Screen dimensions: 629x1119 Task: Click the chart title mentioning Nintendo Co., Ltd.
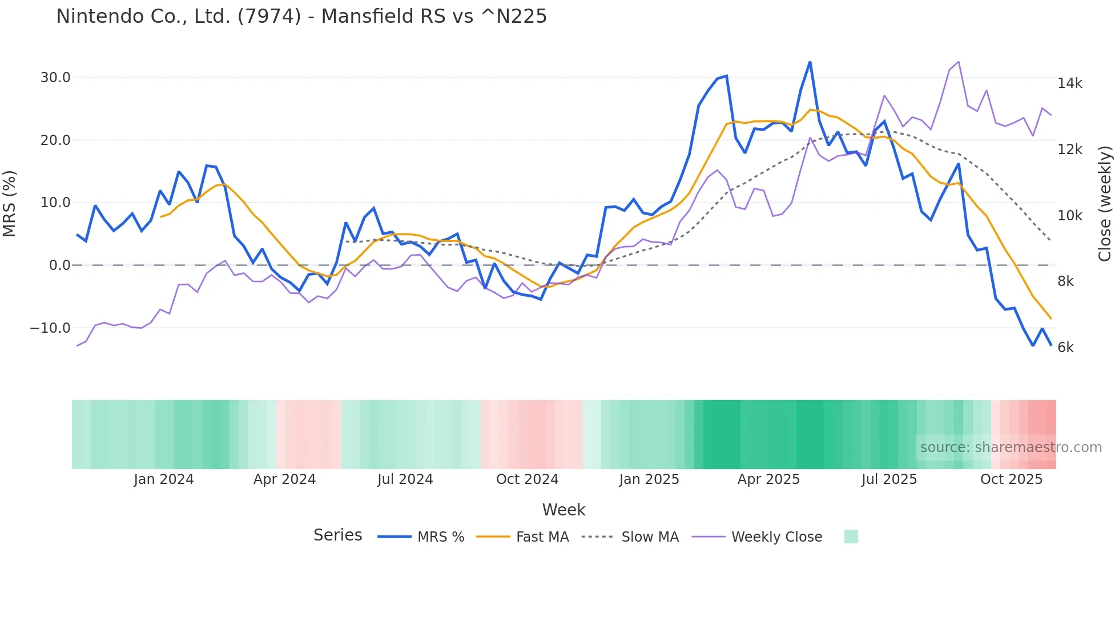pos(301,17)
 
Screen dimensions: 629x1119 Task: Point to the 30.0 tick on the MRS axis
pos(55,78)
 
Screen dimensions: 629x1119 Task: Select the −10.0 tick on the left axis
pos(50,328)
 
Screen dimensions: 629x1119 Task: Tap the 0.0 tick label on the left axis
pos(60,265)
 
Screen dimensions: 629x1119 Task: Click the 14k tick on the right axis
pos(1069,83)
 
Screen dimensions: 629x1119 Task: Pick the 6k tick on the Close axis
pos(1065,348)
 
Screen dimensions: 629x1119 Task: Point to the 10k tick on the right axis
pos(1069,216)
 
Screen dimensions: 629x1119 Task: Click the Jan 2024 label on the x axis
pos(164,479)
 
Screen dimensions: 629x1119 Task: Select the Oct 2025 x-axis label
pos(1011,479)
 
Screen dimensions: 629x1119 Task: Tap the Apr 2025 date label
pos(768,479)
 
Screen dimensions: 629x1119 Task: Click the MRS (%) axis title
pos(10,204)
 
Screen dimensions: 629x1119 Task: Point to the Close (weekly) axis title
pos(1105,204)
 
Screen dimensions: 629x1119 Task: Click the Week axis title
pos(563,510)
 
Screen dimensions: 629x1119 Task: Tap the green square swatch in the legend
pos(851,537)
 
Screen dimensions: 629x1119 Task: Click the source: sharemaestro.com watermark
pos(1011,447)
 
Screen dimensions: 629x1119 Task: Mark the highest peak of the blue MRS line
pos(810,62)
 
